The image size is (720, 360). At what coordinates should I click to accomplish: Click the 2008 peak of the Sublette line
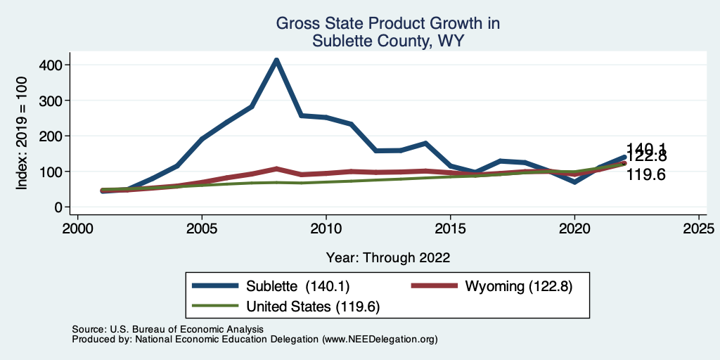[x=276, y=60]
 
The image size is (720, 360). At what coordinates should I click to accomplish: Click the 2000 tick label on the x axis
[x=77, y=229]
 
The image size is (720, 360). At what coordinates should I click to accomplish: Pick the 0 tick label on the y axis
[x=59, y=207]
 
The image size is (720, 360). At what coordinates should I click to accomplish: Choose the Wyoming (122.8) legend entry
[x=514, y=286]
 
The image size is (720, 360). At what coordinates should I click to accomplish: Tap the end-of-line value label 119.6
[x=645, y=174]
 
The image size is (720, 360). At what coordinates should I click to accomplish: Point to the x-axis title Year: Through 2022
[x=388, y=257]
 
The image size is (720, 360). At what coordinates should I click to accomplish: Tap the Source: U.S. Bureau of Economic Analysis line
[x=167, y=329]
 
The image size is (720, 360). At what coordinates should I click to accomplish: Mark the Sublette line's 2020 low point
[x=574, y=181]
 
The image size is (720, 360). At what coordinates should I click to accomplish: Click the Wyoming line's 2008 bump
[x=276, y=169]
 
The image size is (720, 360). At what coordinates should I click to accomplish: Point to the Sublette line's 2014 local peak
[x=425, y=143]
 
